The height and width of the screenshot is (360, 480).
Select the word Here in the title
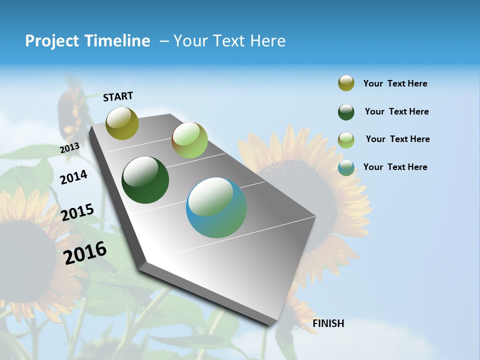[x=267, y=41]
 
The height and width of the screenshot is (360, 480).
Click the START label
[x=118, y=96]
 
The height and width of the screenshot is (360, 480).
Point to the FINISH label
[x=328, y=323]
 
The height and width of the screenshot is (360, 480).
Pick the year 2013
[x=69, y=148]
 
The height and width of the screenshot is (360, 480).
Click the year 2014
[x=73, y=177]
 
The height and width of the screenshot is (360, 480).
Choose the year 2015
[x=77, y=212]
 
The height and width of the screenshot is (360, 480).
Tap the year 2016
[x=85, y=252]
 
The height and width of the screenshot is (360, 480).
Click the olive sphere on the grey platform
[x=122, y=123]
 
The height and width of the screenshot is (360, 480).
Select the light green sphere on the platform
[x=189, y=140]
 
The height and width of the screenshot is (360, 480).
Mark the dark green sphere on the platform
[x=145, y=180]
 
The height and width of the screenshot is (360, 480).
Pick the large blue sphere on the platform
[x=216, y=207]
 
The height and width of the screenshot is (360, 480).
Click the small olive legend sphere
[x=346, y=83]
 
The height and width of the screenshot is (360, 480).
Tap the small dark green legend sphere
[x=346, y=112]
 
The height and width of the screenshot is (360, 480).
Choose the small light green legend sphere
[x=346, y=140]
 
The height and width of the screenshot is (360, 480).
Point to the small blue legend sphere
[x=346, y=167]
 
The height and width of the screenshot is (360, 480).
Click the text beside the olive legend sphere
[x=395, y=83]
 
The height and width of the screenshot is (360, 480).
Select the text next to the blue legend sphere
[x=395, y=167]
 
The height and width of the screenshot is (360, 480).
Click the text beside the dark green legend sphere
[x=396, y=111]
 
